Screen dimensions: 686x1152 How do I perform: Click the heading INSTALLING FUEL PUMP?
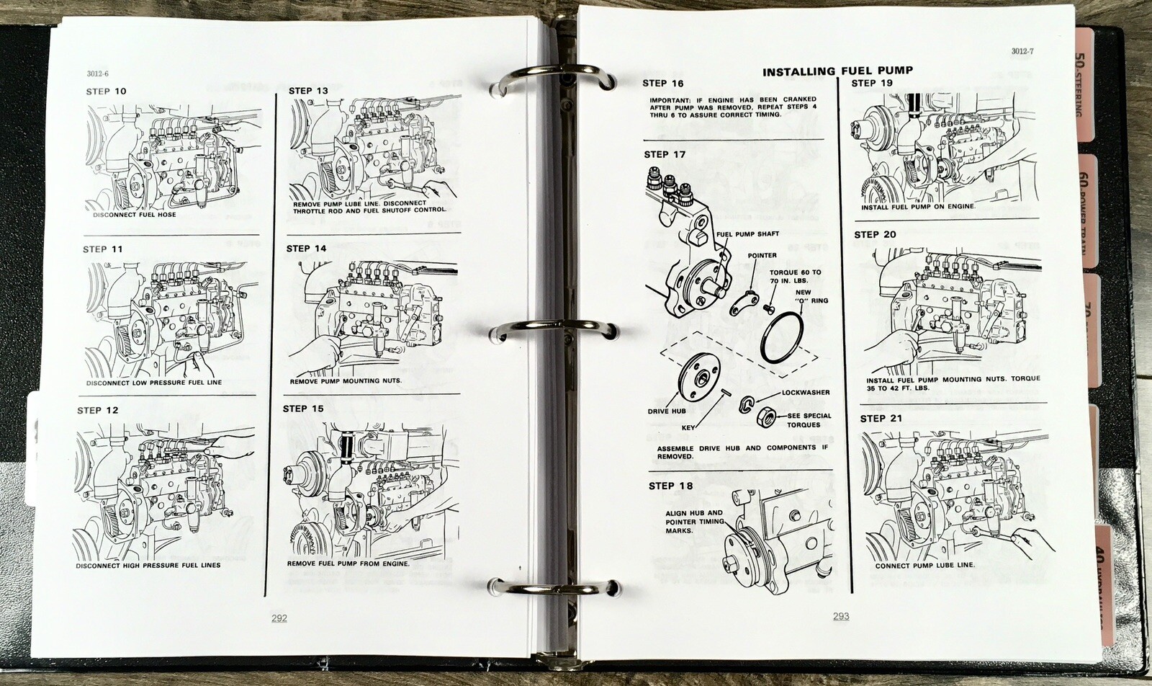[837, 71]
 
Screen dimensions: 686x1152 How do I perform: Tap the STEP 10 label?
[106, 92]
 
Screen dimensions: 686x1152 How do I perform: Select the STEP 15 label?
[303, 409]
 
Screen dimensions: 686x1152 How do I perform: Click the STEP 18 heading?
[670, 486]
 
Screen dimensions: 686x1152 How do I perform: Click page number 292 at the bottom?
[279, 618]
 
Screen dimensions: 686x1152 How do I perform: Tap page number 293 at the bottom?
[840, 616]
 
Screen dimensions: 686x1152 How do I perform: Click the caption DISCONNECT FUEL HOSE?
[135, 215]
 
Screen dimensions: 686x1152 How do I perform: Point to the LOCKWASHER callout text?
[805, 393]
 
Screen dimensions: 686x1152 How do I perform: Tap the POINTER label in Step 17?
[762, 255]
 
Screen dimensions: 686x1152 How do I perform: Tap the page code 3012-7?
[1022, 51]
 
